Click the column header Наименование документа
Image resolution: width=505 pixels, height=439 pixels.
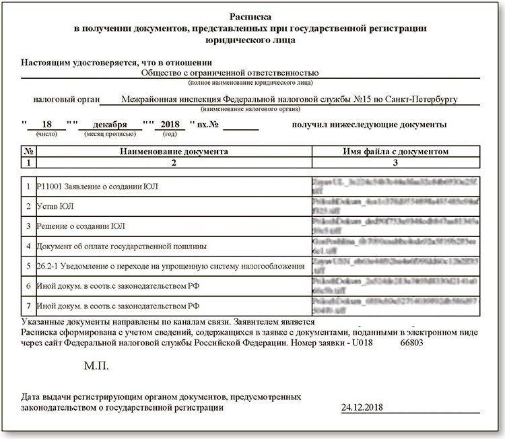[x=174, y=152]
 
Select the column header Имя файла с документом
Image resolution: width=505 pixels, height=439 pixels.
[x=395, y=152]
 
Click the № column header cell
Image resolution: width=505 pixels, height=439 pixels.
[x=28, y=152]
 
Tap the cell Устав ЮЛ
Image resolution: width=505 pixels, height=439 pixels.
[x=58, y=205]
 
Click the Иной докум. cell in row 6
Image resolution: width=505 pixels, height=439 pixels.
[x=112, y=286]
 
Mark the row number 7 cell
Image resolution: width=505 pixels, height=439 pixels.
[x=28, y=306]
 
